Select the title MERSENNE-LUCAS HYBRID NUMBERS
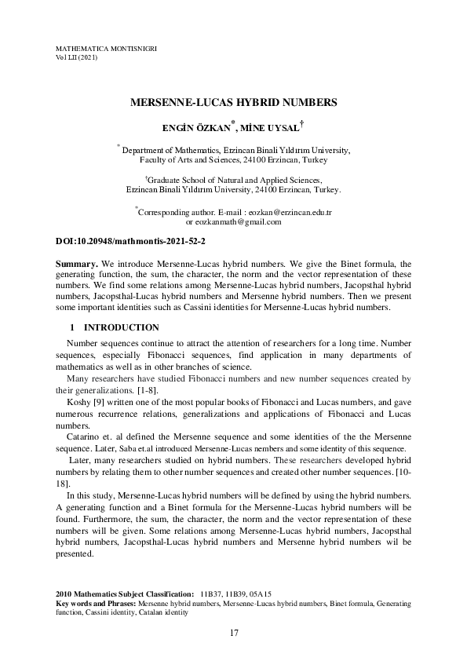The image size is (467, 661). point(233,102)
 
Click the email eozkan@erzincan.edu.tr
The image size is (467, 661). point(290,212)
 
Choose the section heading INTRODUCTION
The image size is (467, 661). point(122,327)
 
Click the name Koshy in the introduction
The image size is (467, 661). point(78,401)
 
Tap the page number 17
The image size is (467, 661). point(233,633)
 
